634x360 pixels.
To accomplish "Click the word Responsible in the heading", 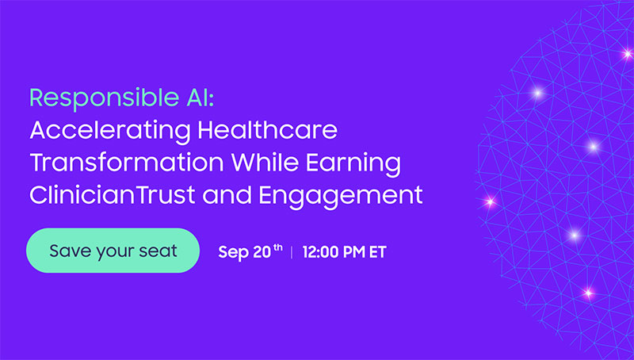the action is [x=105, y=98].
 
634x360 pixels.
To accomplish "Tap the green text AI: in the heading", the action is [x=201, y=98].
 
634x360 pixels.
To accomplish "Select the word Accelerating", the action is [x=110, y=131].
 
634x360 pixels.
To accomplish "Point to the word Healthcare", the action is [x=267, y=130].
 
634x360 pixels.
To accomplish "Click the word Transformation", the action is [x=127, y=163].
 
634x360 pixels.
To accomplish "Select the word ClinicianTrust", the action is [x=113, y=194].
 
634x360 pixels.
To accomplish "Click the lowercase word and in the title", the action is [x=227, y=194].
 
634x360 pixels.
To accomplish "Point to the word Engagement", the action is [x=341, y=196].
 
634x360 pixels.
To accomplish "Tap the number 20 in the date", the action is [x=262, y=252].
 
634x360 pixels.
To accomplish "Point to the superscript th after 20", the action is [x=278, y=247].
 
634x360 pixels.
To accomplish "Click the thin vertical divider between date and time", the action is [x=292, y=252].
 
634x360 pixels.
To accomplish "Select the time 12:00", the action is [x=320, y=252].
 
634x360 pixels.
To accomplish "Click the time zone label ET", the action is [x=378, y=252].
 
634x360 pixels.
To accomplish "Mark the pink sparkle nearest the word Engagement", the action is [x=490, y=201].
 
